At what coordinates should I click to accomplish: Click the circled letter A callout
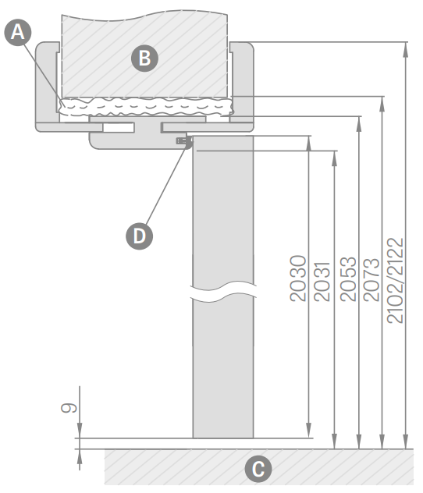[18, 33]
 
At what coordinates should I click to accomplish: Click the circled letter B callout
[144, 59]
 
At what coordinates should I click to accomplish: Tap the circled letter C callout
[258, 469]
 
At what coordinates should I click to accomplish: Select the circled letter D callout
[140, 236]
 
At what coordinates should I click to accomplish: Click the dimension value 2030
[298, 278]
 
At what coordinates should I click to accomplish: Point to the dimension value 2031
[322, 282]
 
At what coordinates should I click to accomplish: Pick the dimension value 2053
[348, 279]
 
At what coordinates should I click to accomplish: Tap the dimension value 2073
[371, 280]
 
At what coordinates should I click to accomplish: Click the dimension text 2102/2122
[395, 281]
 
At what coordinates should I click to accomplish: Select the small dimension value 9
[69, 408]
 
